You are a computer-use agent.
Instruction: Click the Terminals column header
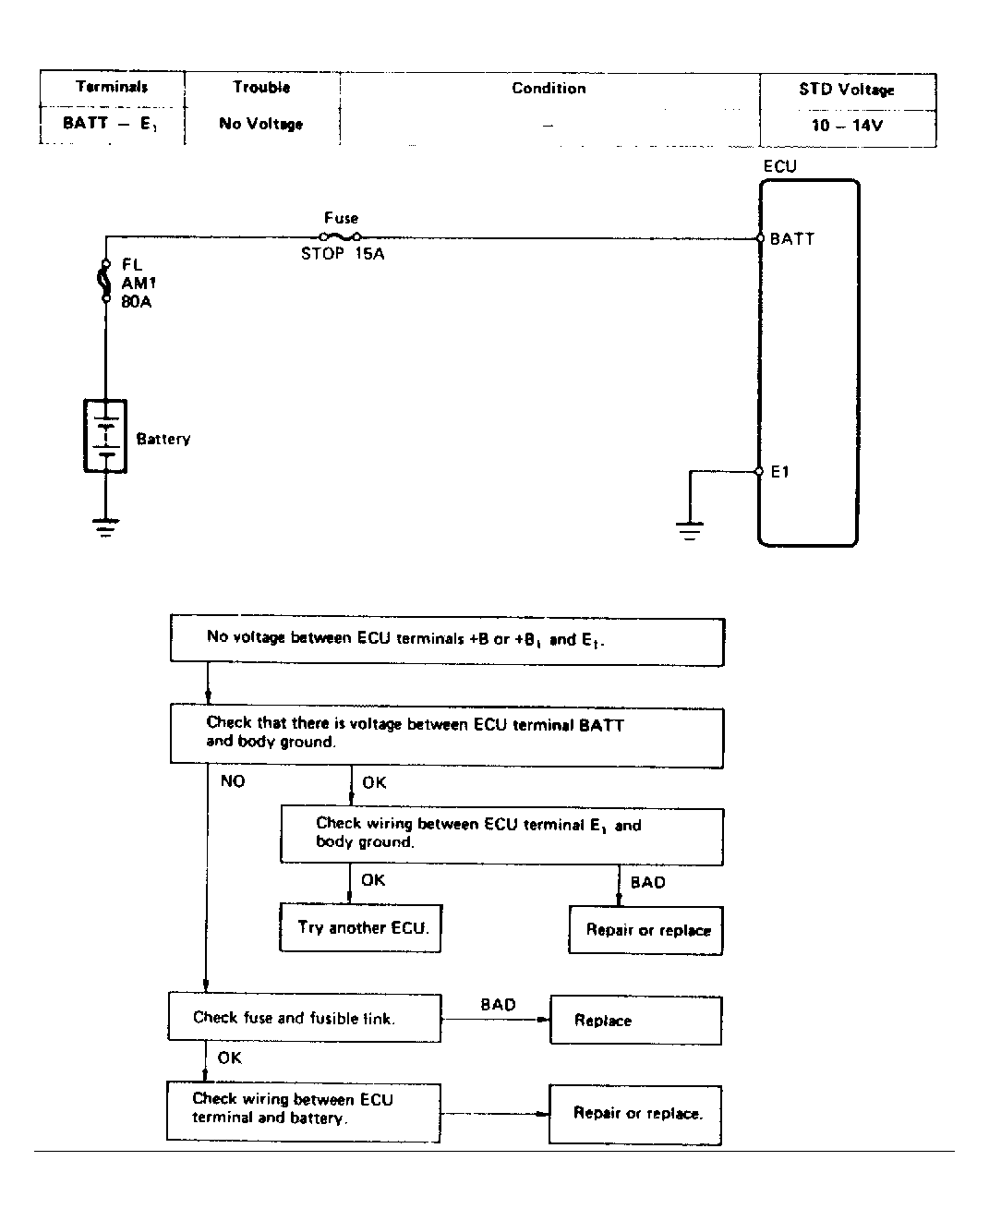click(112, 87)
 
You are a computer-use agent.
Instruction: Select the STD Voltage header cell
click(846, 90)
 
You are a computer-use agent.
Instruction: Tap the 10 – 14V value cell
click(847, 125)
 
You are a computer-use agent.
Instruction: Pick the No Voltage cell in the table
click(260, 124)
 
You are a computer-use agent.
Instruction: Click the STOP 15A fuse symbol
click(340, 236)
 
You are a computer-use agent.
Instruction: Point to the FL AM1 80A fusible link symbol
click(105, 281)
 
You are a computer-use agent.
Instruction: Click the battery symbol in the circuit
click(105, 436)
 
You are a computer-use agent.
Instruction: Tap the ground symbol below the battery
click(105, 526)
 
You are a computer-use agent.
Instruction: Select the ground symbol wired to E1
click(689, 531)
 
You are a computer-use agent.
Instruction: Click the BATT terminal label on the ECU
click(792, 239)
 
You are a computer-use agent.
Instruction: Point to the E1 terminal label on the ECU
click(780, 472)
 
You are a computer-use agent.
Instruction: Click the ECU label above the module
click(780, 166)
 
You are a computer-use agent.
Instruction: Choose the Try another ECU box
click(360, 928)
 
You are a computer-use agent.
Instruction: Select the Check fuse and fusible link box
click(304, 1018)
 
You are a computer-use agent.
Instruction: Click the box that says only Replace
click(636, 1021)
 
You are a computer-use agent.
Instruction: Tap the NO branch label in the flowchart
click(233, 780)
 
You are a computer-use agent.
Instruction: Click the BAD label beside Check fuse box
click(498, 1004)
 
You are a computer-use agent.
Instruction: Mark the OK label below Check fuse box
click(229, 1058)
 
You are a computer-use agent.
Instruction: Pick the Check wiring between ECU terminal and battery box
click(304, 1111)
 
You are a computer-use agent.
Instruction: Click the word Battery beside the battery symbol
click(163, 439)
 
